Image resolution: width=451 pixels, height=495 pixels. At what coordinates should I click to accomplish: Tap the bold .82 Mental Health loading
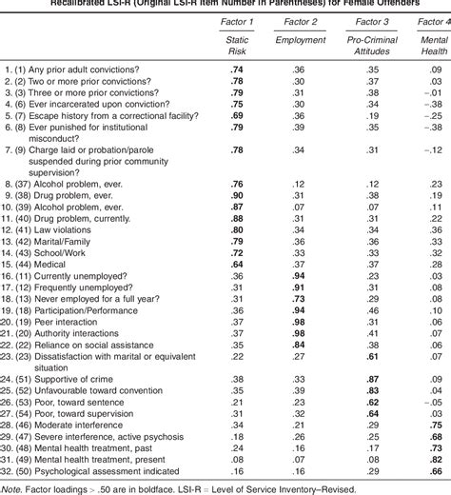pos(436,457)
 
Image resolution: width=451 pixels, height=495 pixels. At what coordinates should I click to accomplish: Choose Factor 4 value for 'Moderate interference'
pos(436,424)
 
